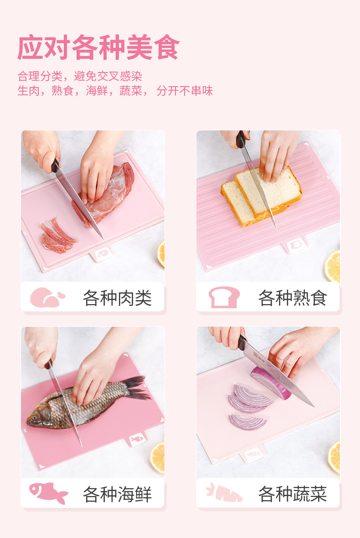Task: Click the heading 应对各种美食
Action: tap(99, 47)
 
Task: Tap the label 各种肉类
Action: tap(117, 297)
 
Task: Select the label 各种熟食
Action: tap(293, 297)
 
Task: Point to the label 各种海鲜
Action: tap(117, 494)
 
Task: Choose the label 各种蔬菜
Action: tap(293, 494)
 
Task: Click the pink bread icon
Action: tap(224, 297)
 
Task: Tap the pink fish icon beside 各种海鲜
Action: tap(48, 493)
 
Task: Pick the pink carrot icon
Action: tap(225, 493)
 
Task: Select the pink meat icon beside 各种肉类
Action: tap(47, 297)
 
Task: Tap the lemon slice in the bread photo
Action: tap(333, 266)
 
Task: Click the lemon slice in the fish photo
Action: tap(158, 457)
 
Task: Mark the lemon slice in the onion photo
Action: tap(334, 457)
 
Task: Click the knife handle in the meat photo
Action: tap(55, 166)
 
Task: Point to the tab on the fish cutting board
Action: tap(138, 439)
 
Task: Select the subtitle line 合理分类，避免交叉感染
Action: tap(80, 76)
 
